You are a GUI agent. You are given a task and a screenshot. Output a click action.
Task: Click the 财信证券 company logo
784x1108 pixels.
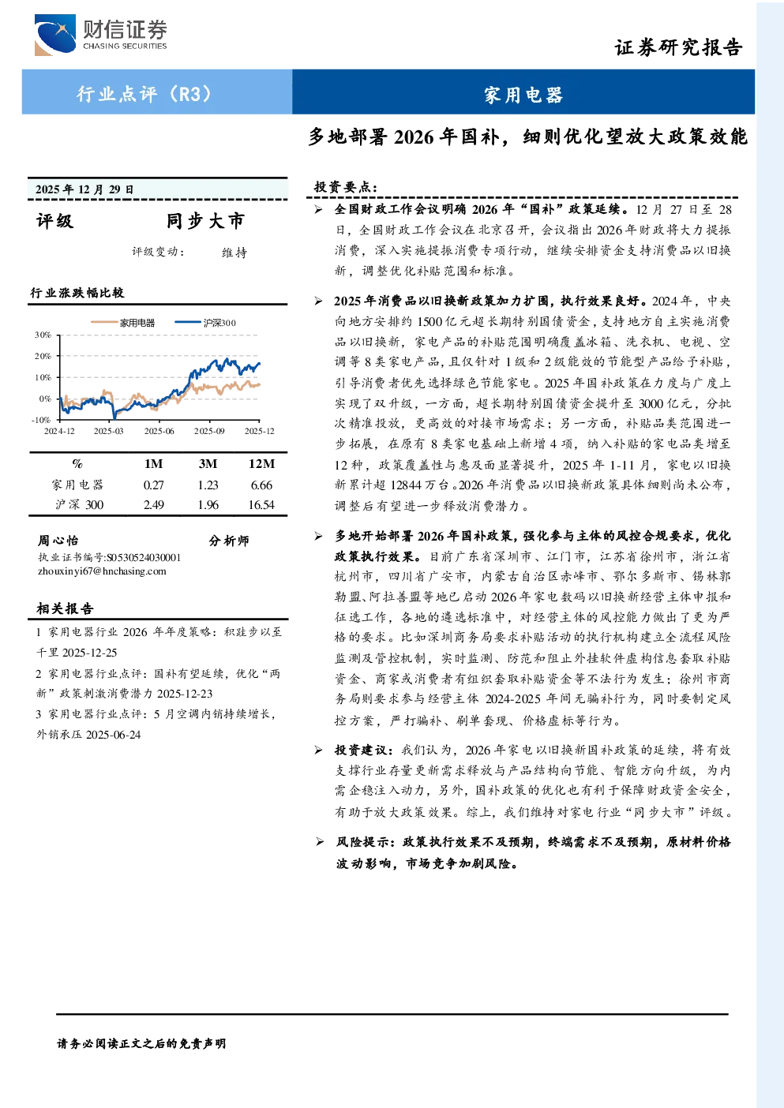(101, 35)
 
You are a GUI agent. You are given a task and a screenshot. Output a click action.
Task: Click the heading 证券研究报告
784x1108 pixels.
(678, 47)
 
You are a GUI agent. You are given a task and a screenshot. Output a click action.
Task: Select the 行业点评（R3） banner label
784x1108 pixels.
(145, 93)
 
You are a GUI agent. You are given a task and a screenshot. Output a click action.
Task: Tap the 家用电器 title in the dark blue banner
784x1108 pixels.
(523, 95)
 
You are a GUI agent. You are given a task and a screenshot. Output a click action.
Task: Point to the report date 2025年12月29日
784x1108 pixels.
(84, 189)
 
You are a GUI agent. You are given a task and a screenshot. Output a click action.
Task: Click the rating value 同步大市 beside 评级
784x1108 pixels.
(205, 221)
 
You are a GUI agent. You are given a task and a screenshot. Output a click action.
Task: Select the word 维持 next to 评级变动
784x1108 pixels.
(234, 253)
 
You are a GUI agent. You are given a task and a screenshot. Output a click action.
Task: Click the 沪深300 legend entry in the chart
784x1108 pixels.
(205, 323)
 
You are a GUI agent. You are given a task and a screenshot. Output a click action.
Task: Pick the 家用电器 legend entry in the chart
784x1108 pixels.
(122, 323)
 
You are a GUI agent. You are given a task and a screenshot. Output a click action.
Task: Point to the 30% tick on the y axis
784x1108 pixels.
(43, 335)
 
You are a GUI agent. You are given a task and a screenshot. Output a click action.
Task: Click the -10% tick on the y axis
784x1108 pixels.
(41, 420)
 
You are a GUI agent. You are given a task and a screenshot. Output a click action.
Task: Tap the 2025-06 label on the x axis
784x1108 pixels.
(159, 431)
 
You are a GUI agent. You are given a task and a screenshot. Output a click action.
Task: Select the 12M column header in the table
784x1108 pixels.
(261, 464)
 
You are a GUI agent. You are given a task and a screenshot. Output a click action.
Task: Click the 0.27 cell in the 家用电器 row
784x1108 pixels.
(153, 485)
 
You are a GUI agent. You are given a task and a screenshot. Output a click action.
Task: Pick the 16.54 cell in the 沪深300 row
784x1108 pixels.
(261, 504)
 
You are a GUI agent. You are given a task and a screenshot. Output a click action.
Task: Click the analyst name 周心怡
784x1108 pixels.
(58, 540)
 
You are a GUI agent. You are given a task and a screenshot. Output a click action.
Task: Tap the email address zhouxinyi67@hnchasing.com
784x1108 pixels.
(102, 571)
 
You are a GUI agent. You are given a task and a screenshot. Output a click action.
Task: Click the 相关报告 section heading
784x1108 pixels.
(65, 608)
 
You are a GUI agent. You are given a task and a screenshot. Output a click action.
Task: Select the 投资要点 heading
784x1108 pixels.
(346, 187)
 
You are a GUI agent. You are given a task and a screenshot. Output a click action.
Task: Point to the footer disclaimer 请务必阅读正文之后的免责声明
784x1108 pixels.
(141, 1043)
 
